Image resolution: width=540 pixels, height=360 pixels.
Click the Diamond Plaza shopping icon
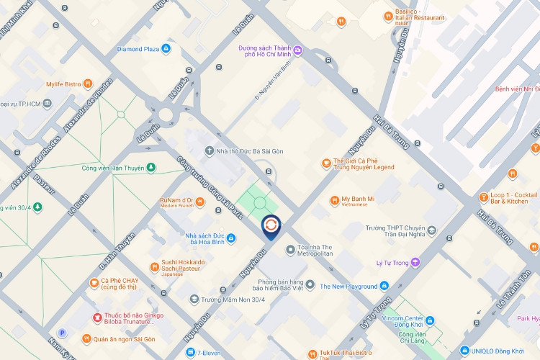coord(166,49)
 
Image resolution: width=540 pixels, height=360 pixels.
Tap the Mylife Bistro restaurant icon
coord(88,84)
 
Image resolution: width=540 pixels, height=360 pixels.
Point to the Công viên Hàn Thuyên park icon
coord(151,168)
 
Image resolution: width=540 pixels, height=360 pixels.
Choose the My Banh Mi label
coord(358,199)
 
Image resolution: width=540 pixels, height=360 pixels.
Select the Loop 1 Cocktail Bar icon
coord(484,196)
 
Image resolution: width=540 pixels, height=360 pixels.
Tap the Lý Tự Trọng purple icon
coord(415,263)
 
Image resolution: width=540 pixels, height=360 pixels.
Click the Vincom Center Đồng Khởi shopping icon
coord(430,320)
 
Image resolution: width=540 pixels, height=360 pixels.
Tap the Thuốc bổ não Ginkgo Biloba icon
coord(96,318)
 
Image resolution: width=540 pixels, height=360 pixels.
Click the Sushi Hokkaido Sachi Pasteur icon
coord(154,267)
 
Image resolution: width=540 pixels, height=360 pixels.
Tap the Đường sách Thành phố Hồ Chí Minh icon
coord(297,49)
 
